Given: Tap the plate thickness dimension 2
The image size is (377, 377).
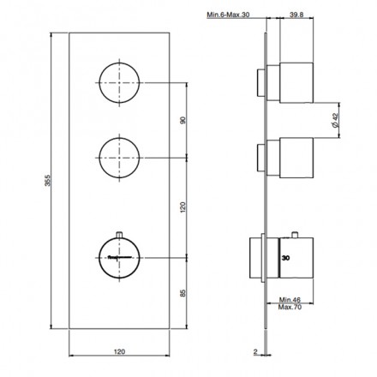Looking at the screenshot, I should coord(256,350).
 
